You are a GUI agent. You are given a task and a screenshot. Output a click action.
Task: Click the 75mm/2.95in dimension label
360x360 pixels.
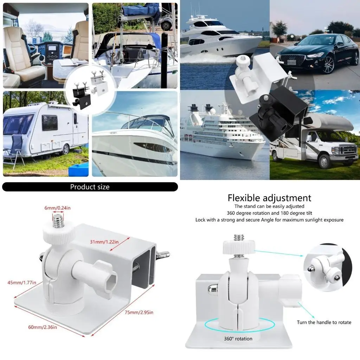tap(139, 312)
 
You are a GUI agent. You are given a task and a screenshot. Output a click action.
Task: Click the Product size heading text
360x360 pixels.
tap(90, 187)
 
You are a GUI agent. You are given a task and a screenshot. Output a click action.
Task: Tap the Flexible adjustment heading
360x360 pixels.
tap(269, 198)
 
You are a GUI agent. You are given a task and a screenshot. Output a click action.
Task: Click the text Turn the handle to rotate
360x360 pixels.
tap(324, 322)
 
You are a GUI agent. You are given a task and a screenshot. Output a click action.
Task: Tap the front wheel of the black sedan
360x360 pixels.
tap(328, 65)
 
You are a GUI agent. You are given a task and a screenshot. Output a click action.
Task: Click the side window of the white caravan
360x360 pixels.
tap(50, 122)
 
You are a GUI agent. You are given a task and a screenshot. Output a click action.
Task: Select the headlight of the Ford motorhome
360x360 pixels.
tap(336, 150)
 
